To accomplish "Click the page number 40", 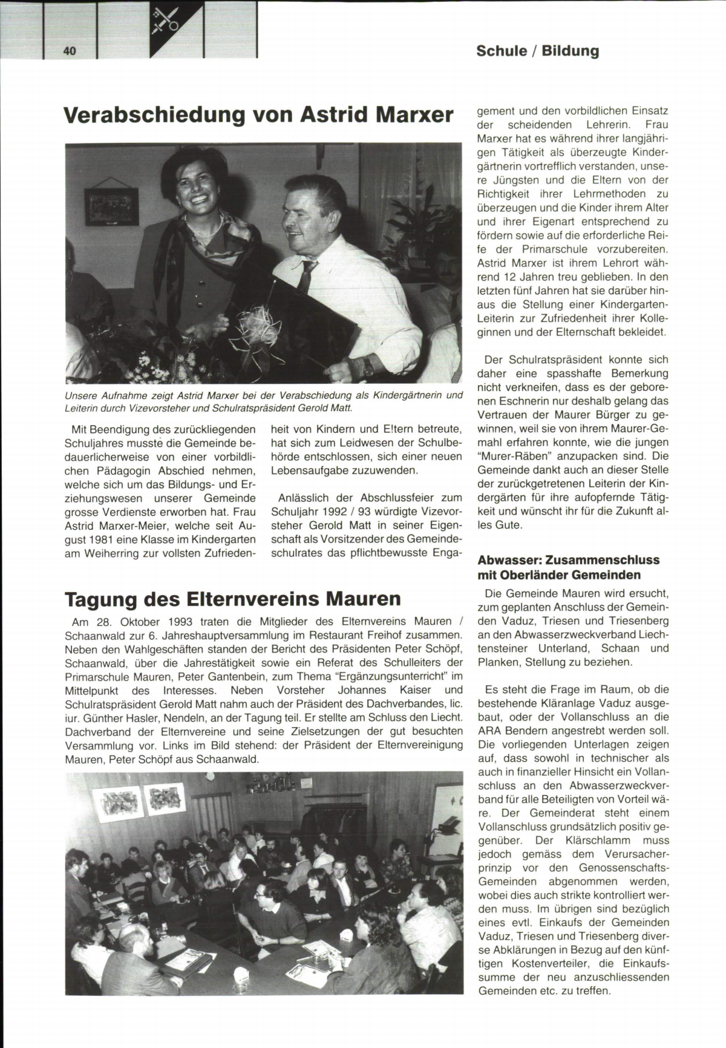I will pos(70,51).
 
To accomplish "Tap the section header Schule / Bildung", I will pos(537,51).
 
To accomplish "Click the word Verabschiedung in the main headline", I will pos(154,114).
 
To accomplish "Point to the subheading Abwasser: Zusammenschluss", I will pos(568,559).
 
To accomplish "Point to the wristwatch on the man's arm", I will pos(367,364).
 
